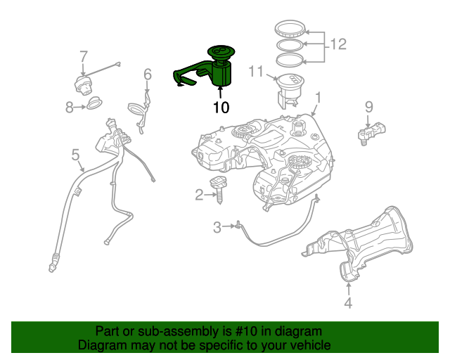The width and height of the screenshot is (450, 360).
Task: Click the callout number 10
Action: (x=221, y=108)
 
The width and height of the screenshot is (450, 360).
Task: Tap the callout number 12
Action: (x=338, y=44)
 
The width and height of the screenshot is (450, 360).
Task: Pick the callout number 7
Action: (x=83, y=56)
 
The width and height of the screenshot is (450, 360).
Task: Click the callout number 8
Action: (x=70, y=107)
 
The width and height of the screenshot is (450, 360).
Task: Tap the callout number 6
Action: (x=148, y=73)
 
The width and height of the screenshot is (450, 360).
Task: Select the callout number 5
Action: (x=75, y=153)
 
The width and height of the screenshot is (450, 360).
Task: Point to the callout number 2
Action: (x=199, y=194)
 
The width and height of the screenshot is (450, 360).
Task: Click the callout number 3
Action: (x=217, y=226)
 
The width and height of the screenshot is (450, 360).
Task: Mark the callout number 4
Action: (x=347, y=303)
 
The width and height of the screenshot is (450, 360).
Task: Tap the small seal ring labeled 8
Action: (x=94, y=106)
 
